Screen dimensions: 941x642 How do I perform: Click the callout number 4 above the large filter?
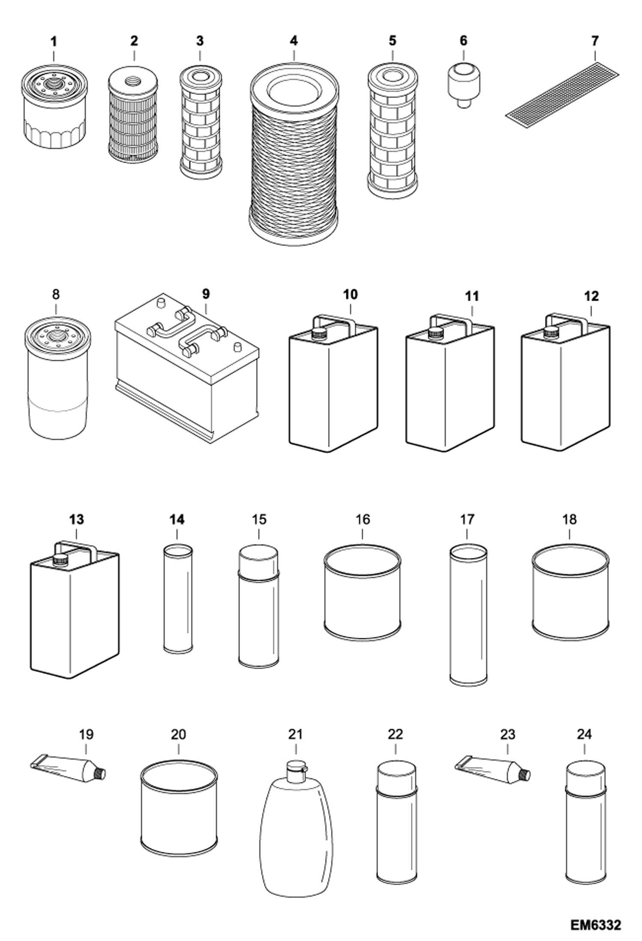tap(294, 41)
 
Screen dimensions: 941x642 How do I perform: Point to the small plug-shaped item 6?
tap(464, 83)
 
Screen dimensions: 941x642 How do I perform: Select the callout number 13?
tap(77, 520)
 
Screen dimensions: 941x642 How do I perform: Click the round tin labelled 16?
tap(362, 594)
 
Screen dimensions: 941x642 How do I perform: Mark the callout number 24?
tap(584, 735)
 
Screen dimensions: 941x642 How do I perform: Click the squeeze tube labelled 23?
tap(493, 770)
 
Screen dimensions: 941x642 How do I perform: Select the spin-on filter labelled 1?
tap(54, 108)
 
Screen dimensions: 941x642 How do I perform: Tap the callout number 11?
tap(471, 296)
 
